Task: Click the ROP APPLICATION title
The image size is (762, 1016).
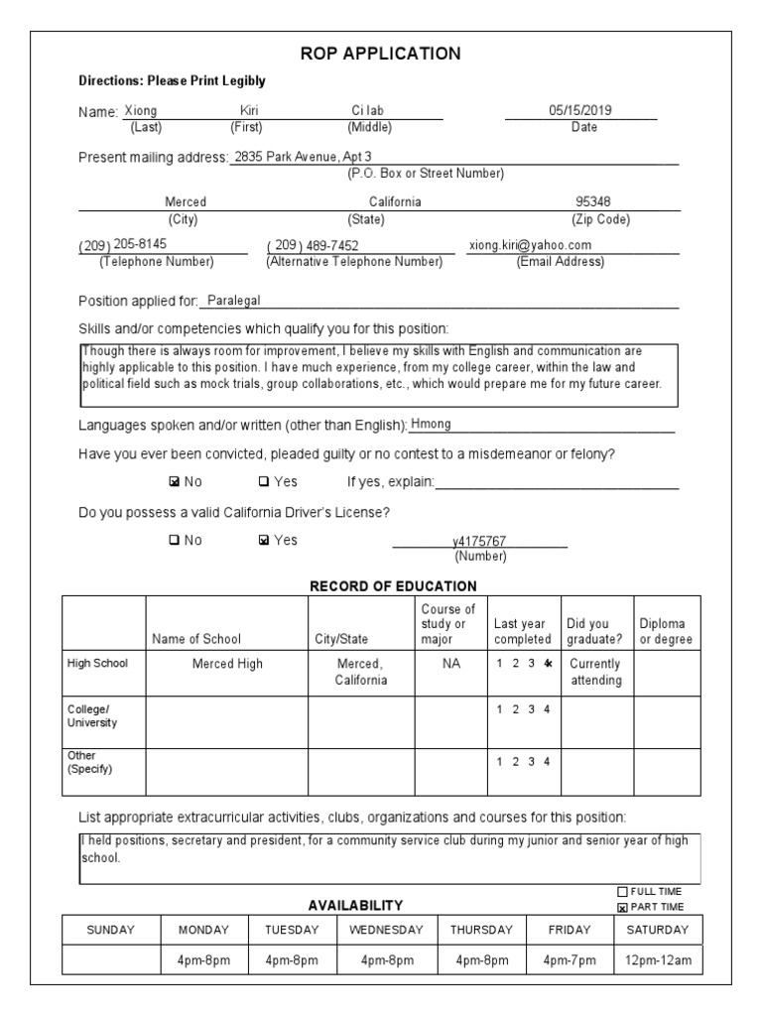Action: pyautogui.click(x=381, y=54)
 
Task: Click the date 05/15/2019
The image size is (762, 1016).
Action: pyautogui.click(x=580, y=111)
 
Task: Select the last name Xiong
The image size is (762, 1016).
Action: pyautogui.click(x=140, y=111)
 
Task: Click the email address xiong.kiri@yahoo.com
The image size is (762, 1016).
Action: pyautogui.click(x=530, y=245)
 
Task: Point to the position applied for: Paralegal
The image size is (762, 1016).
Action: pyautogui.click(x=232, y=301)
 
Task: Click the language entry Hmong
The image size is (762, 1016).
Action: pyautogui.click(x=431, y=424)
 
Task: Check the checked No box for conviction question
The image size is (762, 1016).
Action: pyautogui.click(x=176, y=482)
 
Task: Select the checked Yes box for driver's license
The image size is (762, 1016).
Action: pyautogui.click(x=263, y=541)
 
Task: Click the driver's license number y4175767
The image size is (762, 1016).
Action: pyautogui.click(x=479, y=541)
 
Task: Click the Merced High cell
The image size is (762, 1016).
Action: pyautogui.click(x=227, y=664)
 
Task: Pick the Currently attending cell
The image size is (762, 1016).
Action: pyautogui.click(x=595, y=672)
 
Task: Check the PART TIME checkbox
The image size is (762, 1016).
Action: pyautogui.click(x=623, y=907)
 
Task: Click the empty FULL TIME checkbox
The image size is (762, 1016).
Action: pyautogui.click(x=623, y=891)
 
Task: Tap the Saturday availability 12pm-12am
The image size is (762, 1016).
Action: pyautogui.click(x=656, y=960)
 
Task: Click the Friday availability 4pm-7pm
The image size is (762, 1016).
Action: pyautogui.click(x=571, y=960)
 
